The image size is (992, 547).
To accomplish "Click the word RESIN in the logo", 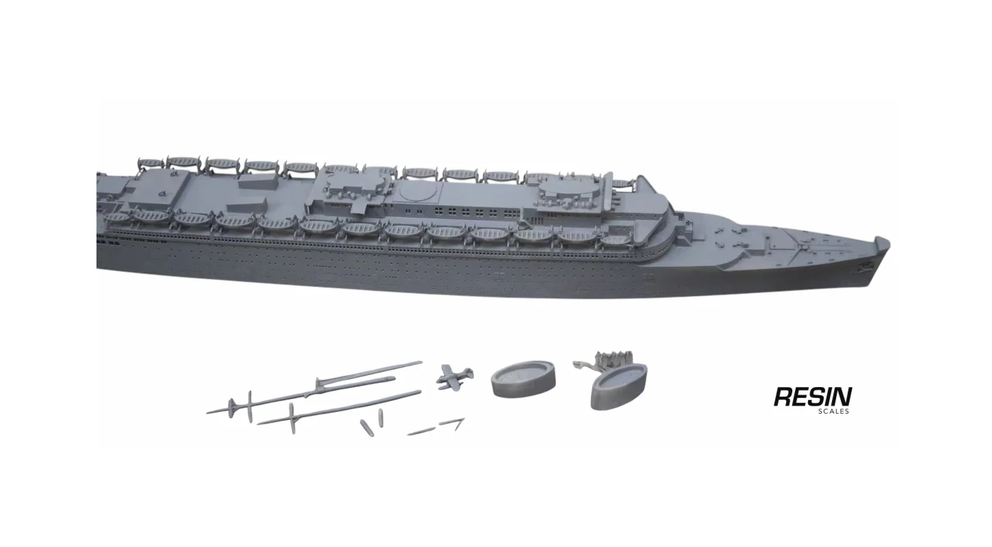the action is point(813,397).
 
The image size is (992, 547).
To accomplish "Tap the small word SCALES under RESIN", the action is point(833,411).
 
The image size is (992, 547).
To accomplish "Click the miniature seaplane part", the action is point(454,377).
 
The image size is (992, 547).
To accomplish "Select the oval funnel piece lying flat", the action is point(523,379).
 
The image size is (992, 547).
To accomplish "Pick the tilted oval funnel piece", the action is point(618,386).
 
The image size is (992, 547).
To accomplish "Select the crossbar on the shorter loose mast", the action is point(291,418).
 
